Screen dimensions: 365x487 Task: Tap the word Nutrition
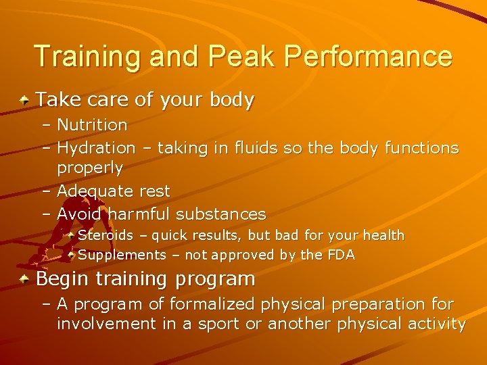92,125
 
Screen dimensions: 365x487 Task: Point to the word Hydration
96,147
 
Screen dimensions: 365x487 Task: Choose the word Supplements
122,255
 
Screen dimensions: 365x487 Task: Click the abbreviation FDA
341,255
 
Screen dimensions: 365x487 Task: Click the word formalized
210,304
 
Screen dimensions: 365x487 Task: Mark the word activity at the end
437,324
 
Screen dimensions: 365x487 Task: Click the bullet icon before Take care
24,101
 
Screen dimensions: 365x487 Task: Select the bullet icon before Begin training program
24,278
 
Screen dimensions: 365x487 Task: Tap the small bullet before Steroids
72,235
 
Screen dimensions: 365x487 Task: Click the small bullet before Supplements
72,255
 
